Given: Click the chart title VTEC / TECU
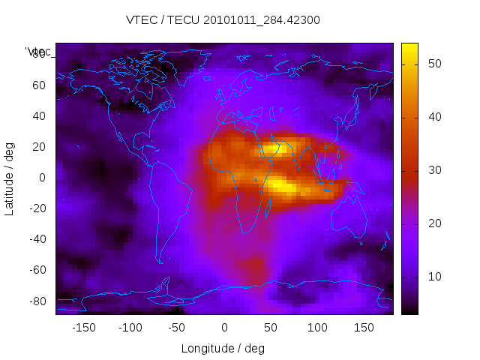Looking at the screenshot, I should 223,20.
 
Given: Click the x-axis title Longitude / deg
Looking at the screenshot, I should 223,348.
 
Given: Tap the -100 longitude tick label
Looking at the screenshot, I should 130,327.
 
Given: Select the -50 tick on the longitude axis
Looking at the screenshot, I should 177,327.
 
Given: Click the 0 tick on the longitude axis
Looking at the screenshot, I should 224,327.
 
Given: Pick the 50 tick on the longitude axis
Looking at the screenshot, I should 271,327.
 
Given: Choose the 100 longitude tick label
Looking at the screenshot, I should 317,327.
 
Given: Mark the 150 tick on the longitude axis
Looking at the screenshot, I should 364,327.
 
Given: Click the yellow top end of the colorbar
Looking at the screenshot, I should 409,46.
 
